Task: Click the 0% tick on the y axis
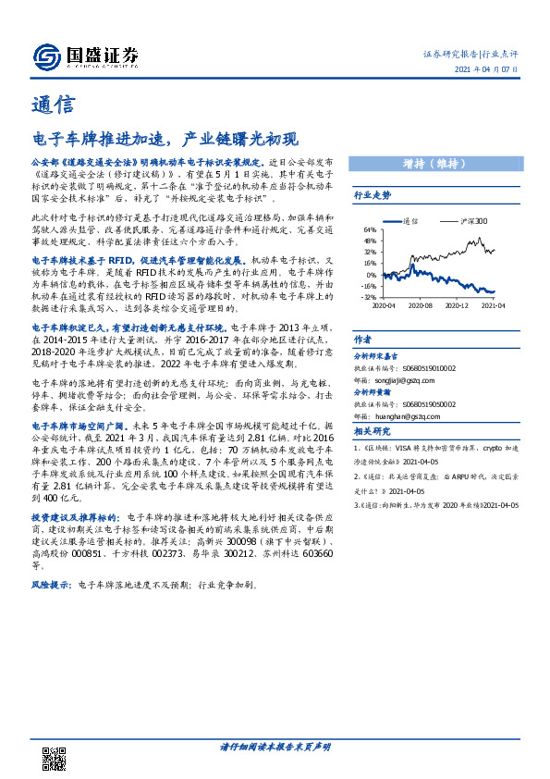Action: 372,275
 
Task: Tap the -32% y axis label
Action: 369,297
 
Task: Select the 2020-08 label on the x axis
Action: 419,304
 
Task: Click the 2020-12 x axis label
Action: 458,304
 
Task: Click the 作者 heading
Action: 363,340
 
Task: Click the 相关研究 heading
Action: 373,431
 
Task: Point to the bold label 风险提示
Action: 53,586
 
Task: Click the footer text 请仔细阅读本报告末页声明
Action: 275,747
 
